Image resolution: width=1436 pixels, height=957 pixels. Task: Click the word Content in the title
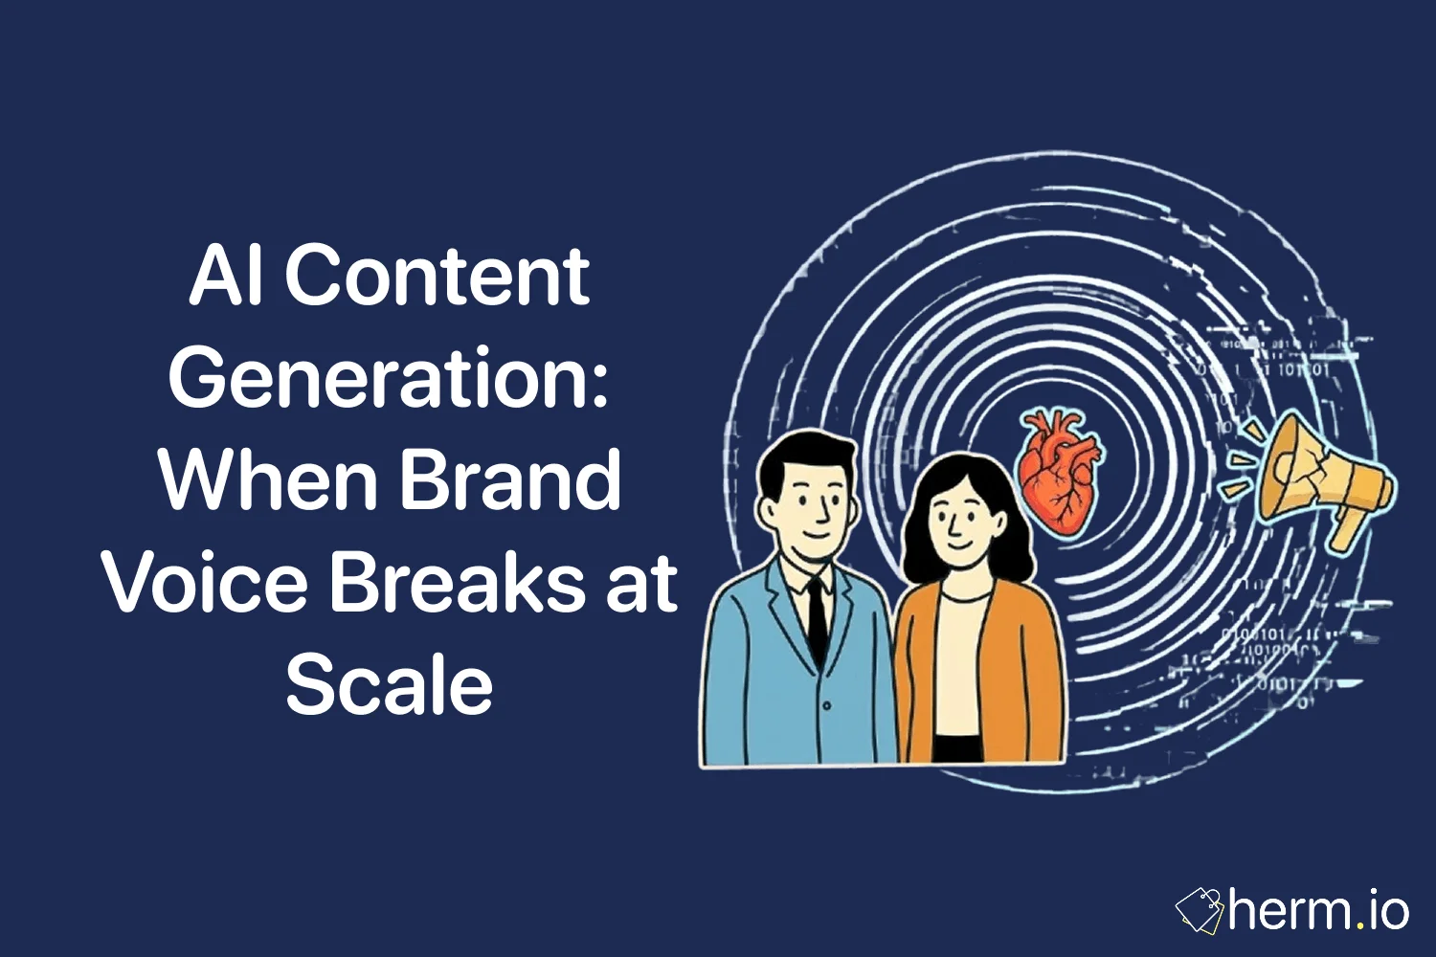(x=437, y=277)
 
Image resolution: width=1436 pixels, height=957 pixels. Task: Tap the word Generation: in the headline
(x=389, y=379)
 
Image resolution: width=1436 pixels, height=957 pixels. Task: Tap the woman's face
(x=960, y=522)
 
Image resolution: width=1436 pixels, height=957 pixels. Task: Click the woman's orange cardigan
(x=1029, y=670)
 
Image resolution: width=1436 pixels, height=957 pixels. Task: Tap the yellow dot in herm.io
(x=1359, y=925)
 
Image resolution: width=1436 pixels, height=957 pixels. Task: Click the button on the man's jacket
(x=826, y=705)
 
